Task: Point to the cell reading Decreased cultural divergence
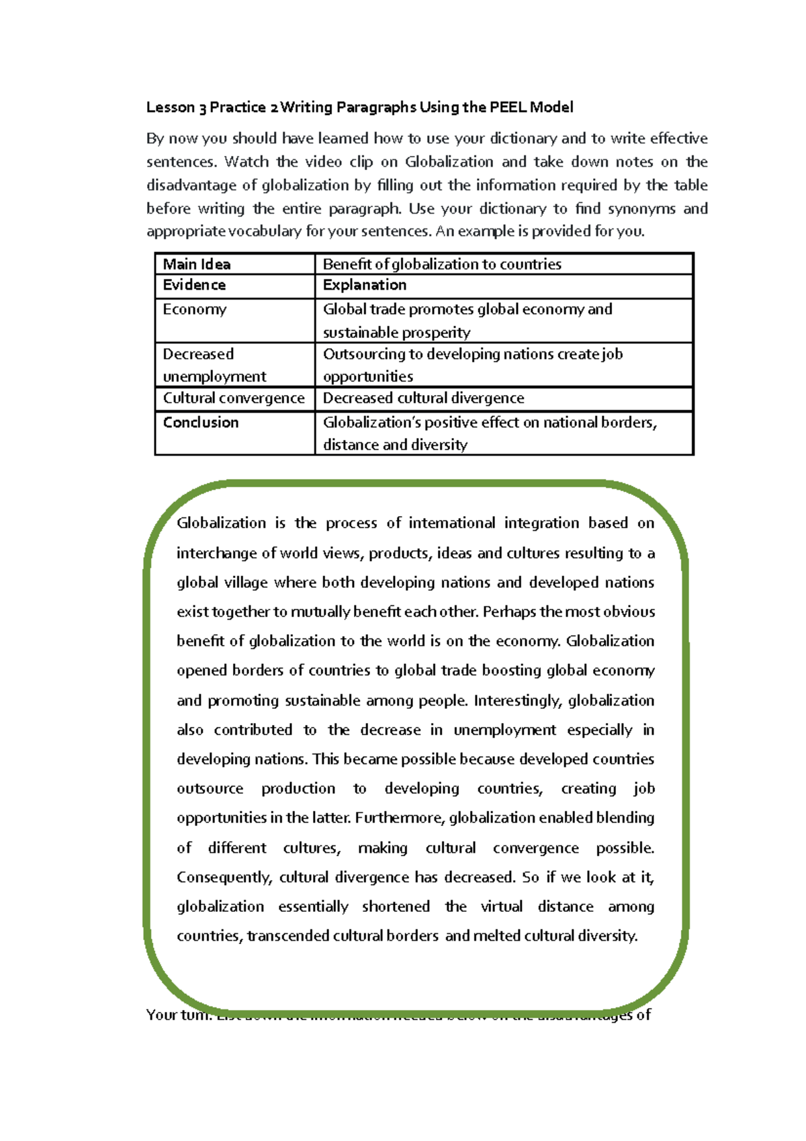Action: [x=423, y=398]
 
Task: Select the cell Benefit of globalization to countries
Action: [x=442, y=264]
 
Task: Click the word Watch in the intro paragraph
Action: [x=246, y=162]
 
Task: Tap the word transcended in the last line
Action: [x=288, y=936]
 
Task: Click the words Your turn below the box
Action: [x=178, y=1015]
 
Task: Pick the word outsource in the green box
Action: [x=210, y=789]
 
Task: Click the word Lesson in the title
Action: [x=171, y=108]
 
